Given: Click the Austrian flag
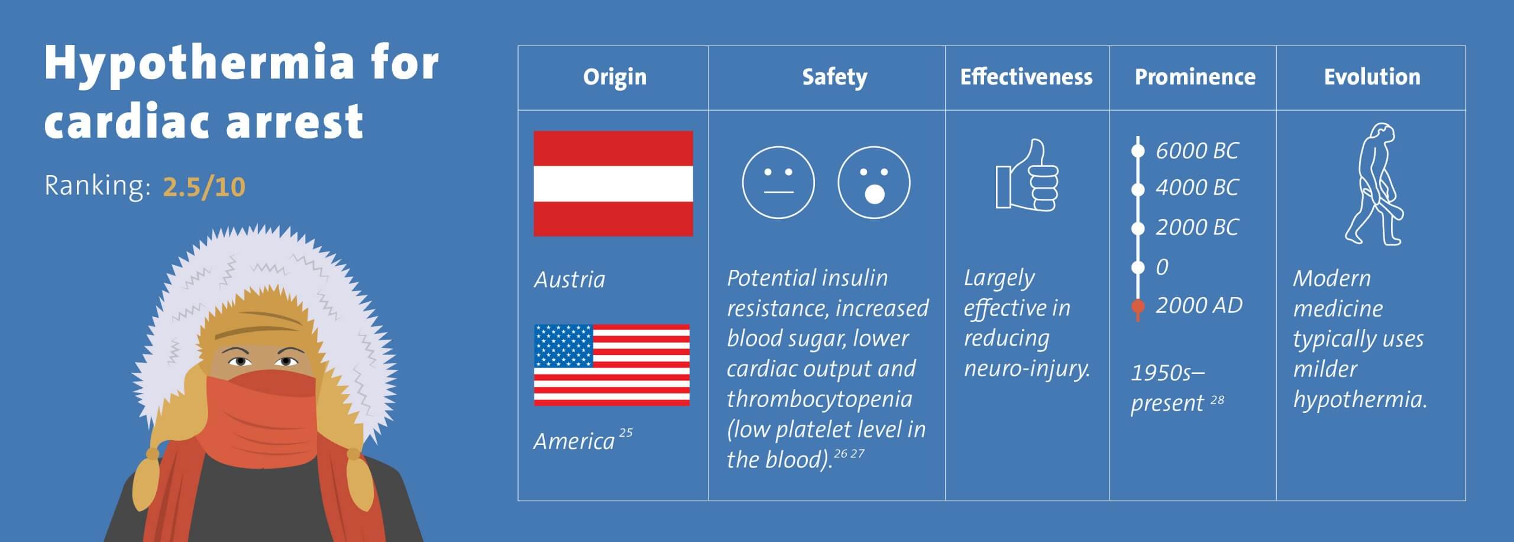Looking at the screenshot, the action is tap(613, 183).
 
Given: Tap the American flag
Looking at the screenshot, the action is tap(612, 365).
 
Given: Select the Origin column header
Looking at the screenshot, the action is tap(614, 77).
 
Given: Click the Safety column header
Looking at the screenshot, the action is tap(834, 77).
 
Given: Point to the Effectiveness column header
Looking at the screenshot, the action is tap(1026, 77).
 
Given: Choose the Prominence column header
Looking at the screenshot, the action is tap(1195, 77).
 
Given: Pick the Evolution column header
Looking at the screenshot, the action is tap(1371, 77).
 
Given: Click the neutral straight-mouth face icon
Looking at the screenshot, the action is tap(778, 182).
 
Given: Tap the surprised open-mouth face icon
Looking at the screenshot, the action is tap(874, 182).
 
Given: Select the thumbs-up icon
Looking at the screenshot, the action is tap(1027, 175).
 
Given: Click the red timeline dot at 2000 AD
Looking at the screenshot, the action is tap(1137, 307).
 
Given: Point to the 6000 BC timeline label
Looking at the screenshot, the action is tap(1196, 150).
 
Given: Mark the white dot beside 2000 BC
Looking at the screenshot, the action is tap(1137, 228).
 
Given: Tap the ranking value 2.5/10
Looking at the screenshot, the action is tap(204, 187).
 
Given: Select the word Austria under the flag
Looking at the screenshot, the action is tap(570, 279).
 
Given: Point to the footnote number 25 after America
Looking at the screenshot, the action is tap(626, 433).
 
